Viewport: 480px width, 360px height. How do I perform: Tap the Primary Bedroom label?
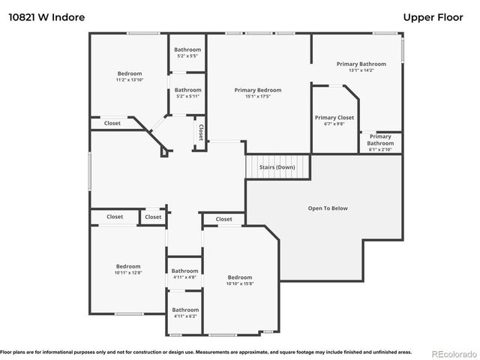coord(257,90)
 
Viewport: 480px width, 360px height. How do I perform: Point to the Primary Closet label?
coord(334,118)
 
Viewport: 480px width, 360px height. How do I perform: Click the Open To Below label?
coord(328,208)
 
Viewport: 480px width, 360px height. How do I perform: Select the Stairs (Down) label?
coord(277,166)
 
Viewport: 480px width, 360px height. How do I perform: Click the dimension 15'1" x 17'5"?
coord(257,97)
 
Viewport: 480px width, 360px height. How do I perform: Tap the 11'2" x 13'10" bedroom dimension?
coord(130,79)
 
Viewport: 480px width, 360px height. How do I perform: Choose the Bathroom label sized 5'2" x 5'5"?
coord(187,49)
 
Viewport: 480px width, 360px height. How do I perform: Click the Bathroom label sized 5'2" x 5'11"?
coord(187,90)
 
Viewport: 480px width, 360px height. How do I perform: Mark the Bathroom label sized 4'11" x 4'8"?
coord(184,271)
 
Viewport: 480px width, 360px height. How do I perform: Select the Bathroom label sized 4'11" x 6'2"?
coord(184,310)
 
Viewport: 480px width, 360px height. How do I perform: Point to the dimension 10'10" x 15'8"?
coord(240,283)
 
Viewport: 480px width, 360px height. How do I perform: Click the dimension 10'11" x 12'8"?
coord(128,273)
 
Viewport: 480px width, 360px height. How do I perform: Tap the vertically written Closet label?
coord(200,132)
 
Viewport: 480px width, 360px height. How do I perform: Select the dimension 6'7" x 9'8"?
coord(334,124)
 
